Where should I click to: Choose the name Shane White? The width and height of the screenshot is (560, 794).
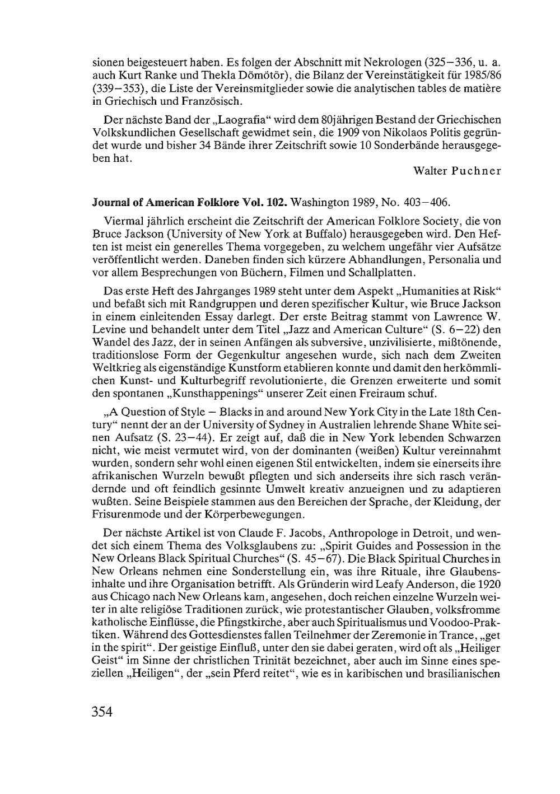tap(464, 424)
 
